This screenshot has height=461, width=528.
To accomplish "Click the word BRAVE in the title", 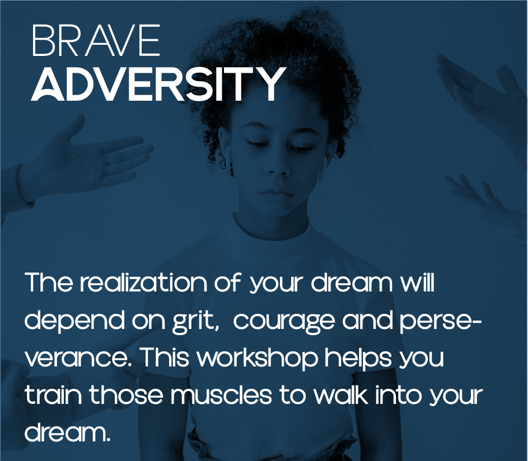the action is [96, 40].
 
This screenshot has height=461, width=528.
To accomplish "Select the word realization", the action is [143, 283].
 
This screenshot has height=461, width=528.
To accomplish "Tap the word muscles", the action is [221, 395].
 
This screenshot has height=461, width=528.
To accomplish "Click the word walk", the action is [340, 395].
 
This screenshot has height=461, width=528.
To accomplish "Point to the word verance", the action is [80, 359].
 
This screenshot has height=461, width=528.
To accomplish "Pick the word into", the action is [398, 395].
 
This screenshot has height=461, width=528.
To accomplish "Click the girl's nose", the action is [277, 165].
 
